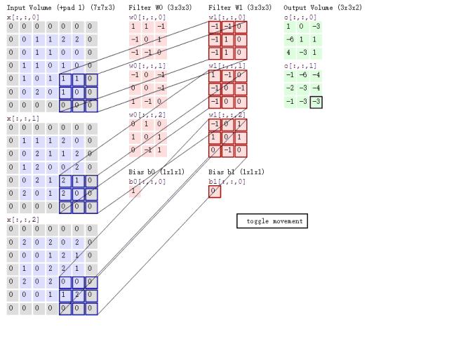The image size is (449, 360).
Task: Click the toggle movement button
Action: (x=272, y=221)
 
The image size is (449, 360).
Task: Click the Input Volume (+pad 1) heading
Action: (x=51, y=7)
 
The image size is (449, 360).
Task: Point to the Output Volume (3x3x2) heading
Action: (x=323, y=7)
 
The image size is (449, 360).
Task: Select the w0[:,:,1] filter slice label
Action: (x=147, y=65)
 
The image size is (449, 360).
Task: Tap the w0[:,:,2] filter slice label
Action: (x=147, y=114)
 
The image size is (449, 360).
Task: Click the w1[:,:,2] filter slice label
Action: (x=227, y=114)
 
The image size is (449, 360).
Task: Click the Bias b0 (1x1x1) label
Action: (x=156, y=171)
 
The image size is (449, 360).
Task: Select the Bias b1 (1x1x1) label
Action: (x=236, y=171)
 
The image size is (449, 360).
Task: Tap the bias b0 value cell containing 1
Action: (x=134, y=191)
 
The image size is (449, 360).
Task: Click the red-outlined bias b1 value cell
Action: (x=215, y=191)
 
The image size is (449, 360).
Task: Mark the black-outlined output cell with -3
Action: (x=317, y=102)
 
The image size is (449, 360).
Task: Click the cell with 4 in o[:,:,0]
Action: (x=289, y=52)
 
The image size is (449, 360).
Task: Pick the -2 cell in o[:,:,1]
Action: (x=289, y=88)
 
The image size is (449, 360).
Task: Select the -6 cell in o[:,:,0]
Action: (x=289, y=39)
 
